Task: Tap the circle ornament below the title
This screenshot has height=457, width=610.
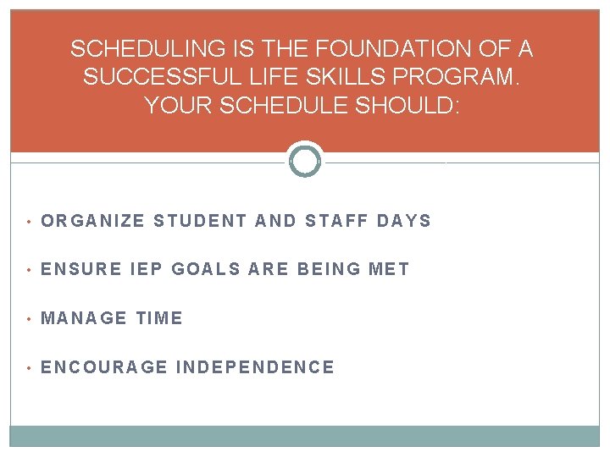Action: pos(305,161)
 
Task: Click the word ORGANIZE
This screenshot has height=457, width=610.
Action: pos(93,221)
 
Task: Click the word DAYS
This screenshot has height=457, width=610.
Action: pos(404,221)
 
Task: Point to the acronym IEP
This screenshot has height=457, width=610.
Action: pos(144,269)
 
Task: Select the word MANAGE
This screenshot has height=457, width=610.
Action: pos(84,318)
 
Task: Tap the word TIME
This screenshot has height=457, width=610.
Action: pos(159,318)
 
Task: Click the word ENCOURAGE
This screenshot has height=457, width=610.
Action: pos(104,367)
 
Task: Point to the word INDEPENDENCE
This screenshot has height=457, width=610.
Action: pos(255,367)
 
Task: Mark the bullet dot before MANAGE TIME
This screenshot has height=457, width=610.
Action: pos(28,319)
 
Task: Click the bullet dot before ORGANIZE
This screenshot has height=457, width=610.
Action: pos(28,222)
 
